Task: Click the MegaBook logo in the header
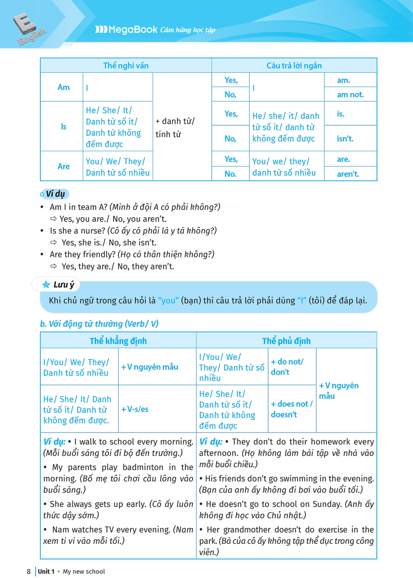click(x=127, y=30)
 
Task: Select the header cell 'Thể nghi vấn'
click(x=126, y=66)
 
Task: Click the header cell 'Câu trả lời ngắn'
click(x=294, y=66)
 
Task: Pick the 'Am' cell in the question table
click(x=64, y=87)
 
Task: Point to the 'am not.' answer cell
click(x=350, y=94)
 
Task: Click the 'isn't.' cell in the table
click(x=345, y=139)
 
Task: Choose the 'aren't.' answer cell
click(x=348, y=174)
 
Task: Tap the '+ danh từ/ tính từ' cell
click(x=175, y=128)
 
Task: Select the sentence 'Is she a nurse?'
click(x=77, y=231)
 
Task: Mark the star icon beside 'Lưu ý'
click(x=46, y=285)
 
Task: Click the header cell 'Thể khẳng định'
click(x=118, y=341)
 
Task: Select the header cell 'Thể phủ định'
click(x=286, y=341)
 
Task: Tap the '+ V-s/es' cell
click(x=135, y=409)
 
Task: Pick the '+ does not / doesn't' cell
click(x=291, y=409)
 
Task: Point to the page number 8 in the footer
click(x=29, y=572)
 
